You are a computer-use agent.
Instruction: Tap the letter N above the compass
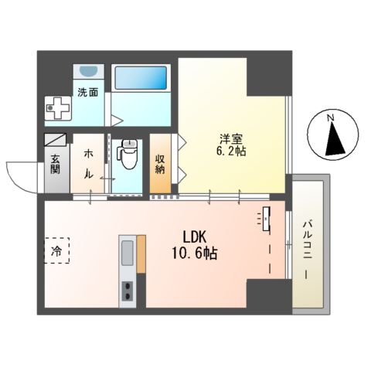click(330, 118)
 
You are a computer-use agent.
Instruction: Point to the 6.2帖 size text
click(230, 152)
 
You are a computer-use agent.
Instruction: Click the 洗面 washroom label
click(87, 92)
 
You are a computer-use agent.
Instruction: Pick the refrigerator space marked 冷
click(56, 250)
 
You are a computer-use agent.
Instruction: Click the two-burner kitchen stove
click(126, 291)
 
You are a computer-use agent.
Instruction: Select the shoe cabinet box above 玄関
click(56, 141)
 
